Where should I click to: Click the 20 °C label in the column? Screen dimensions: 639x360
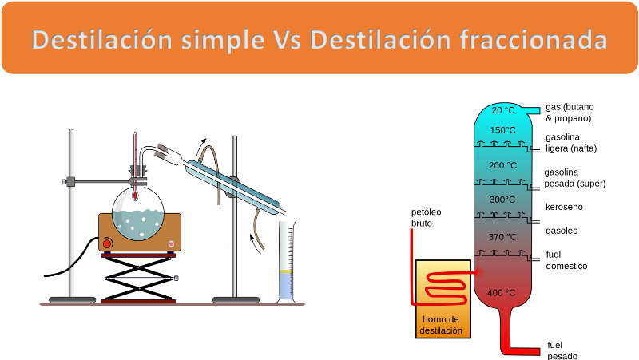503,110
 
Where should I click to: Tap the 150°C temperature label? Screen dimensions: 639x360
503,130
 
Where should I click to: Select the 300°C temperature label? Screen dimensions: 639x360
502,200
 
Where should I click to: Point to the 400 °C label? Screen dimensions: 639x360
502,293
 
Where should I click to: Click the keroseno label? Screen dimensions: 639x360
564,207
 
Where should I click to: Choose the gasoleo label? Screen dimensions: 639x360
562,231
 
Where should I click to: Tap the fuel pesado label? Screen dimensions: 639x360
562,350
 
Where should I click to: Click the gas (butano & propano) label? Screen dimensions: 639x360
570,113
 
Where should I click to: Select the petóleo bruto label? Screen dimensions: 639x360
427,217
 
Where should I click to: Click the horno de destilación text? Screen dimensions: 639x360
441,325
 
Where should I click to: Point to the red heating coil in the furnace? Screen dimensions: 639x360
446,288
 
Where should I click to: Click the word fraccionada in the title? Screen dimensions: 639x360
534,40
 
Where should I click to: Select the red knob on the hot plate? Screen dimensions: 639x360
107,244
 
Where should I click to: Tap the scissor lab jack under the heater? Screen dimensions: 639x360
138,278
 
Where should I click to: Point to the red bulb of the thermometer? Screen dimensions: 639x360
135,196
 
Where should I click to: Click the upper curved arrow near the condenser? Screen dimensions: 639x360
201,146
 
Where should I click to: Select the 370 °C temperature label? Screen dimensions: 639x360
502,237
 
